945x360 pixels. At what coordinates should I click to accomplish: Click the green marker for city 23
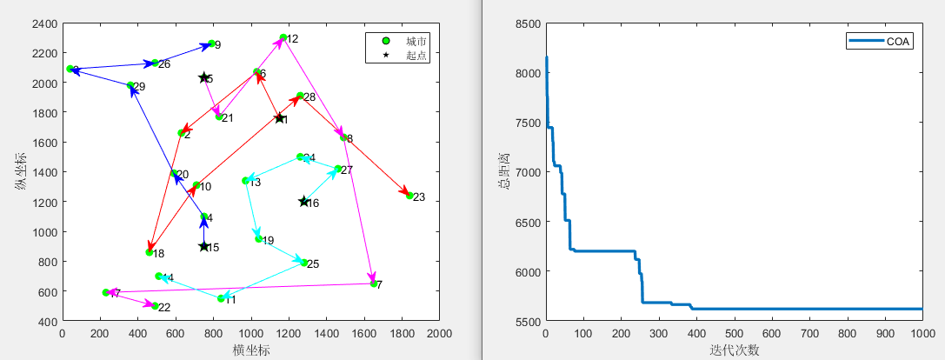pos(409,196)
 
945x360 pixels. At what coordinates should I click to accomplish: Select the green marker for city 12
pos(283,37)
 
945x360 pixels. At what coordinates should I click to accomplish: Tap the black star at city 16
pos(304,202)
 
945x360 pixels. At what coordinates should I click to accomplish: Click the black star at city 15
pos(204,247)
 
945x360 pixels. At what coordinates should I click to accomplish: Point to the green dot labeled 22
pos(156,306)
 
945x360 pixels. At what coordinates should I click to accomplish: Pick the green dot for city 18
pos(150,252)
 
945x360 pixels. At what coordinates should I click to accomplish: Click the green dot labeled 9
pos(211,43)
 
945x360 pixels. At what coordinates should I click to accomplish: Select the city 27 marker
pos(338,169)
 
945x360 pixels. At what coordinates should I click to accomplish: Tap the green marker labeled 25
pos(304,263)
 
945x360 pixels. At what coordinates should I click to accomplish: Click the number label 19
pos(268,241)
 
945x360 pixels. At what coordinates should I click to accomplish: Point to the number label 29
pos(139,87)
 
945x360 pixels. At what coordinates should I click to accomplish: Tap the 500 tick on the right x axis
pos(734,334)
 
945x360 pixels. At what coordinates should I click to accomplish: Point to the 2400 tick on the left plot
pos(43,23)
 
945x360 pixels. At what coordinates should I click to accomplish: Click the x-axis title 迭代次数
pos(734,350)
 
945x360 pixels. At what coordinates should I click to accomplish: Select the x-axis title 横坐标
pos(250,350)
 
